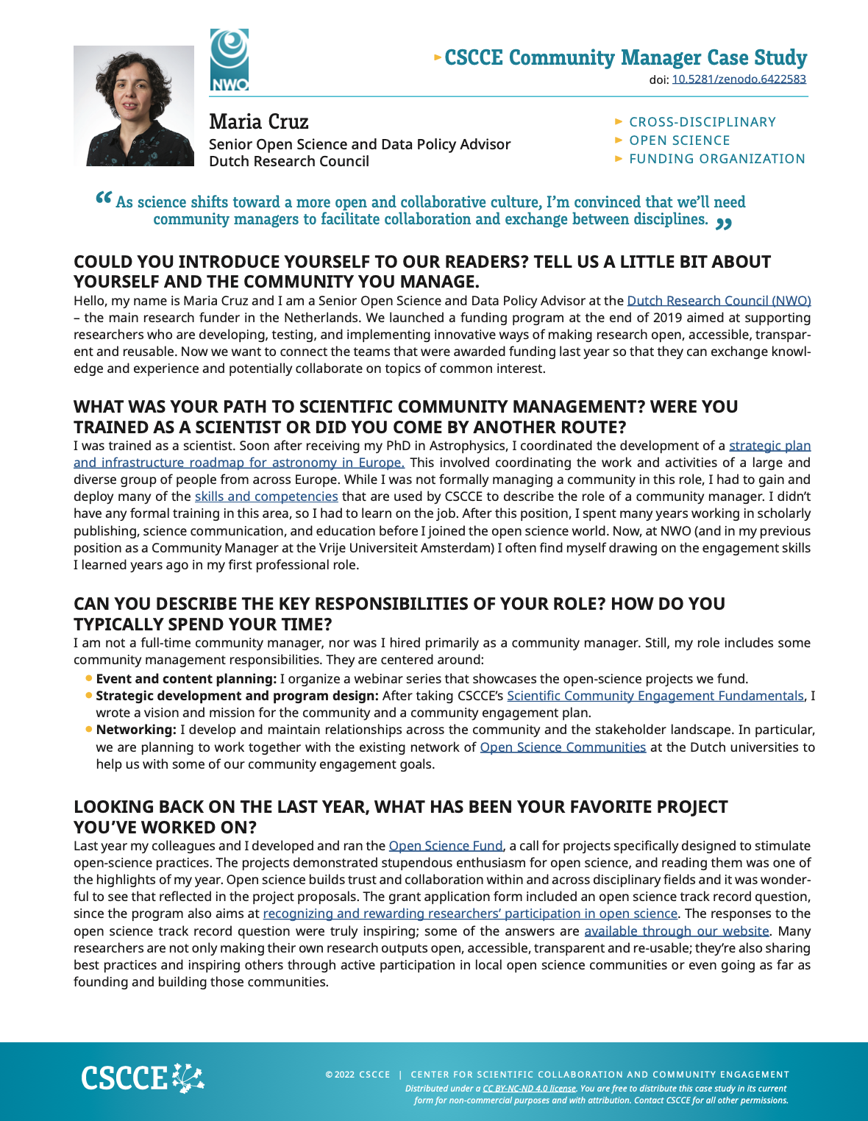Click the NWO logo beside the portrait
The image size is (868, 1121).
[x=230, y=60]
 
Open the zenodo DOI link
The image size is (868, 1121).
[x=739, y=79]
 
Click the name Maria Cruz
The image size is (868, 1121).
[x=258, y=121]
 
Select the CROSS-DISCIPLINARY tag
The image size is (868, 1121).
[x=702, y=122]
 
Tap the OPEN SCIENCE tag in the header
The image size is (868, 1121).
[x=679, y=140]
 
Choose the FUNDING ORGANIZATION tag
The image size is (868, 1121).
[x=716, y=159]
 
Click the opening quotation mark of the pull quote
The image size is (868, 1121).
[x=104, y=199]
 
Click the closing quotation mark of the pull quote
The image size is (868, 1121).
[x=724, y=224]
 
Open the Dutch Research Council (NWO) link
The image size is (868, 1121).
[x=719, y=301]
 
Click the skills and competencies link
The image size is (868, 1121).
[x=266, y=497]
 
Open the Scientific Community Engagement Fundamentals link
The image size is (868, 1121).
[x=655, y=696]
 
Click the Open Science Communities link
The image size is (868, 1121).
[x=563, y=747]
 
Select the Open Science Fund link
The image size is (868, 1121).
[x=446, y=846]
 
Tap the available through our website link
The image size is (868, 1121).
[x=677, y=931]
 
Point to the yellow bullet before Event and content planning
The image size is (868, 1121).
[x=89, y=678]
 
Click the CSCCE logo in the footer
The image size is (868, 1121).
[x=142, y=1078]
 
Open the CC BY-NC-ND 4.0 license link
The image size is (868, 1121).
[x=529, y=1089]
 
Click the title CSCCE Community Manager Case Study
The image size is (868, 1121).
[x=625, y=57]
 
